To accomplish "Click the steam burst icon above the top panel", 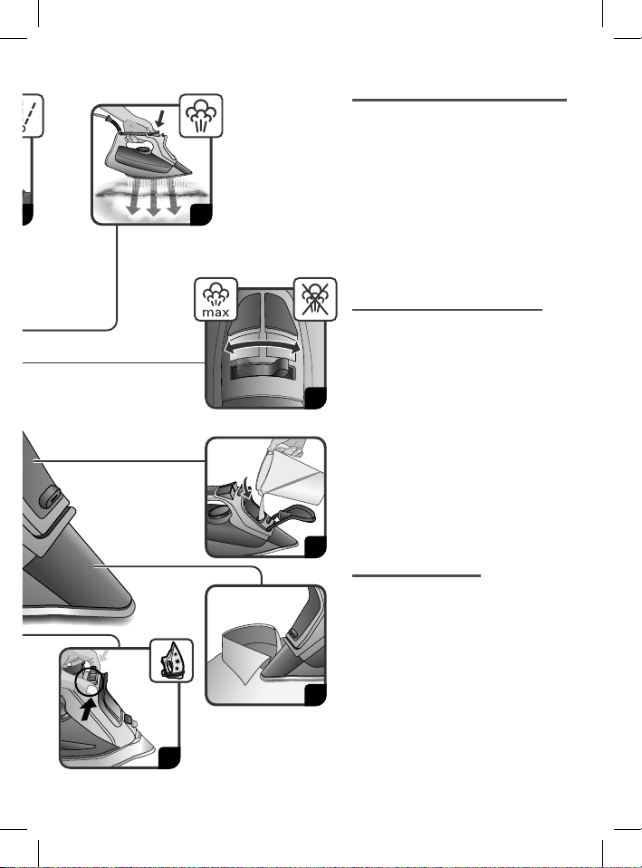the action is [x=201, y=116].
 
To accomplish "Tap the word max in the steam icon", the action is [x=216, y=313].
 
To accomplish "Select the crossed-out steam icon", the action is [x=315, y=299].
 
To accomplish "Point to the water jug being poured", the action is [x=290, y=476].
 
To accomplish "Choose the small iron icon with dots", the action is [x=171, y=661].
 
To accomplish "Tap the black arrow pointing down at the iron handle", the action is [x=160, y=119].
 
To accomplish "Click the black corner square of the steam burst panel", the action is [x=201, y=215].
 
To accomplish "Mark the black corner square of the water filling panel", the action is [x=315, y=547].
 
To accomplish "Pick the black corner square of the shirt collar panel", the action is [x=315, y=695].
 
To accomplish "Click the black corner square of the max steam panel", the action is [x=316, y=399].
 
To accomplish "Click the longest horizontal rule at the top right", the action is [x=459, y=101].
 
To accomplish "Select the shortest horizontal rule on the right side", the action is [x=417, y=575].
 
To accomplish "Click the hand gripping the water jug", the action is [x=288, y=446].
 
